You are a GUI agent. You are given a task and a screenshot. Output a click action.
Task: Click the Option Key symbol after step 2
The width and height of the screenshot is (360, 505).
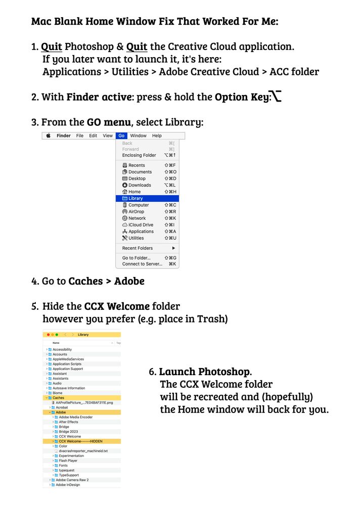point(276,96)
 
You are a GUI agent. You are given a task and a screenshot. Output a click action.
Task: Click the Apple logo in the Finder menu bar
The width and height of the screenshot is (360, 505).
point(49,136)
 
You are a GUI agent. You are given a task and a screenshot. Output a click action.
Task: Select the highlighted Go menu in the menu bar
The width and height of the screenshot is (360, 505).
point(121,136)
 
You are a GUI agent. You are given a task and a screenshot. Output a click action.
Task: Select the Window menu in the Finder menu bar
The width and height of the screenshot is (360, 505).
point(138,136)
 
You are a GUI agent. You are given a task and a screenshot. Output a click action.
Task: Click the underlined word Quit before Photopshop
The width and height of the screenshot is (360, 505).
point(52,47)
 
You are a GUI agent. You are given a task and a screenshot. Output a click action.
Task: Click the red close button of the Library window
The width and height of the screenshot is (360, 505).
point(48,335)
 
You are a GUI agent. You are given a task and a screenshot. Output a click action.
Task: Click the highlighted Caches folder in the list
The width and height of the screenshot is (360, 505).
point(58,398)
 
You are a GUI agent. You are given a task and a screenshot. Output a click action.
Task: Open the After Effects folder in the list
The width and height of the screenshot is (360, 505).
point(68,422)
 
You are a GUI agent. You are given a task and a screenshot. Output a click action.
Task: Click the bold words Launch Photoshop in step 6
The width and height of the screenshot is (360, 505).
point(205,372)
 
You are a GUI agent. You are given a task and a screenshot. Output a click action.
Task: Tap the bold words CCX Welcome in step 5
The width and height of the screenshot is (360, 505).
point(117,306)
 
